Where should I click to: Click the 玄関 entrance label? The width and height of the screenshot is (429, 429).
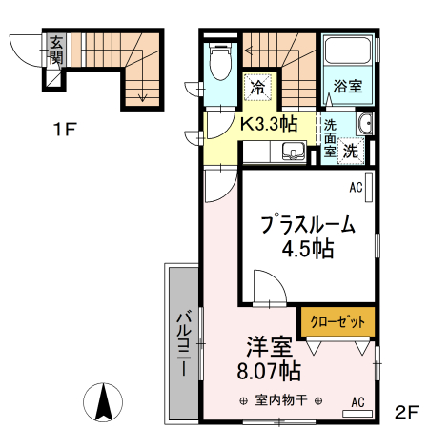pyautogui.click(x=56, y=51)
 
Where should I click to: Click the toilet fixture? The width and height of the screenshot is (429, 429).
pyautogui.click(x=219, y=65)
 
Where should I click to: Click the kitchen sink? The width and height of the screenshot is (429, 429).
pyautogui.click(x=292, y=151)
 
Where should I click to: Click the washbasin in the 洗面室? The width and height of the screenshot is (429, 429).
pyautogui.click(x=363, y=124)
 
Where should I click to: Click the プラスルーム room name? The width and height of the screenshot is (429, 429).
pyautogui.click(x=307, y=227)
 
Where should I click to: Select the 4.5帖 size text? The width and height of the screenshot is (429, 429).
pyautogui.click(x=307, y=251)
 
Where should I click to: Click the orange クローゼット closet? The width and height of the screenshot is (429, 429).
pyautogui.click(x=338, y=321)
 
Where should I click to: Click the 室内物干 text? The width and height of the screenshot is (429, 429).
pyautogui.click(x=281, y=400)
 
